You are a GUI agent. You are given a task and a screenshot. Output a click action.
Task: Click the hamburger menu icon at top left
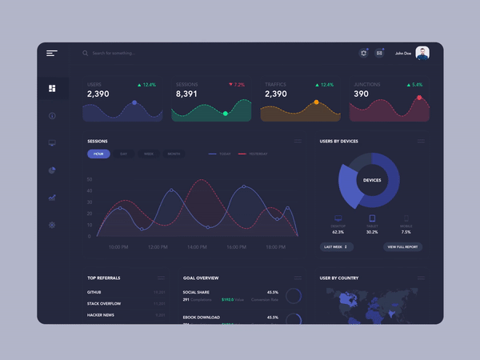[x=52, y=54]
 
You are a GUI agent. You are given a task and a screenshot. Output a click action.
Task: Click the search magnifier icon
[x=86, y=54]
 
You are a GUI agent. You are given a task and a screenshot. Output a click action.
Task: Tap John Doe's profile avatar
[x=422, y=53]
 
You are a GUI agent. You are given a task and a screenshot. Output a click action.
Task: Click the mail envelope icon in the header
[x=380, y=54]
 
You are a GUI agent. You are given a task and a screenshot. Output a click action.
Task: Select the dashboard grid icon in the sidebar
[x=52, y=89]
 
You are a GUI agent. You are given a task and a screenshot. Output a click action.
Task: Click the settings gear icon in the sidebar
[x=52, y=225]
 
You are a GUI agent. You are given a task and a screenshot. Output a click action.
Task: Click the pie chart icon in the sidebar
[x=52, y=170]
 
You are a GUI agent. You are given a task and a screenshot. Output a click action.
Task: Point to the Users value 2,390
[x=98, y=94]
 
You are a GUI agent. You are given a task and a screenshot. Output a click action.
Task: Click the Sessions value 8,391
[x=186, y=94]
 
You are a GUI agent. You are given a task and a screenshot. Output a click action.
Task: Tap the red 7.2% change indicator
[x=238, y=84]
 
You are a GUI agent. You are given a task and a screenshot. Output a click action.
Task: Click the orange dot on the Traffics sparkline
[x=316, y=102]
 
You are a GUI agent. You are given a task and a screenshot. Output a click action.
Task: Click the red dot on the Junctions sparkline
[x=419, y=98]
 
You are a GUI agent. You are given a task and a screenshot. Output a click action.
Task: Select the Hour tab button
[x=98, y=154]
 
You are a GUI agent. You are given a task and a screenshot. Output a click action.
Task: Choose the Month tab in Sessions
[x=174, y=154]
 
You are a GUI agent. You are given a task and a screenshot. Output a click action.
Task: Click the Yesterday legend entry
[x=254, y=154]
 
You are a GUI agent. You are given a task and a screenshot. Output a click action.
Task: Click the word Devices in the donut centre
[x=372, y=180]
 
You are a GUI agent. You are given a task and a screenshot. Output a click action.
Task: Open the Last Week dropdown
[x=336, y=247]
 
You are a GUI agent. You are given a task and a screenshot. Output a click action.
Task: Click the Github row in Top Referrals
[x=94, y=293]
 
